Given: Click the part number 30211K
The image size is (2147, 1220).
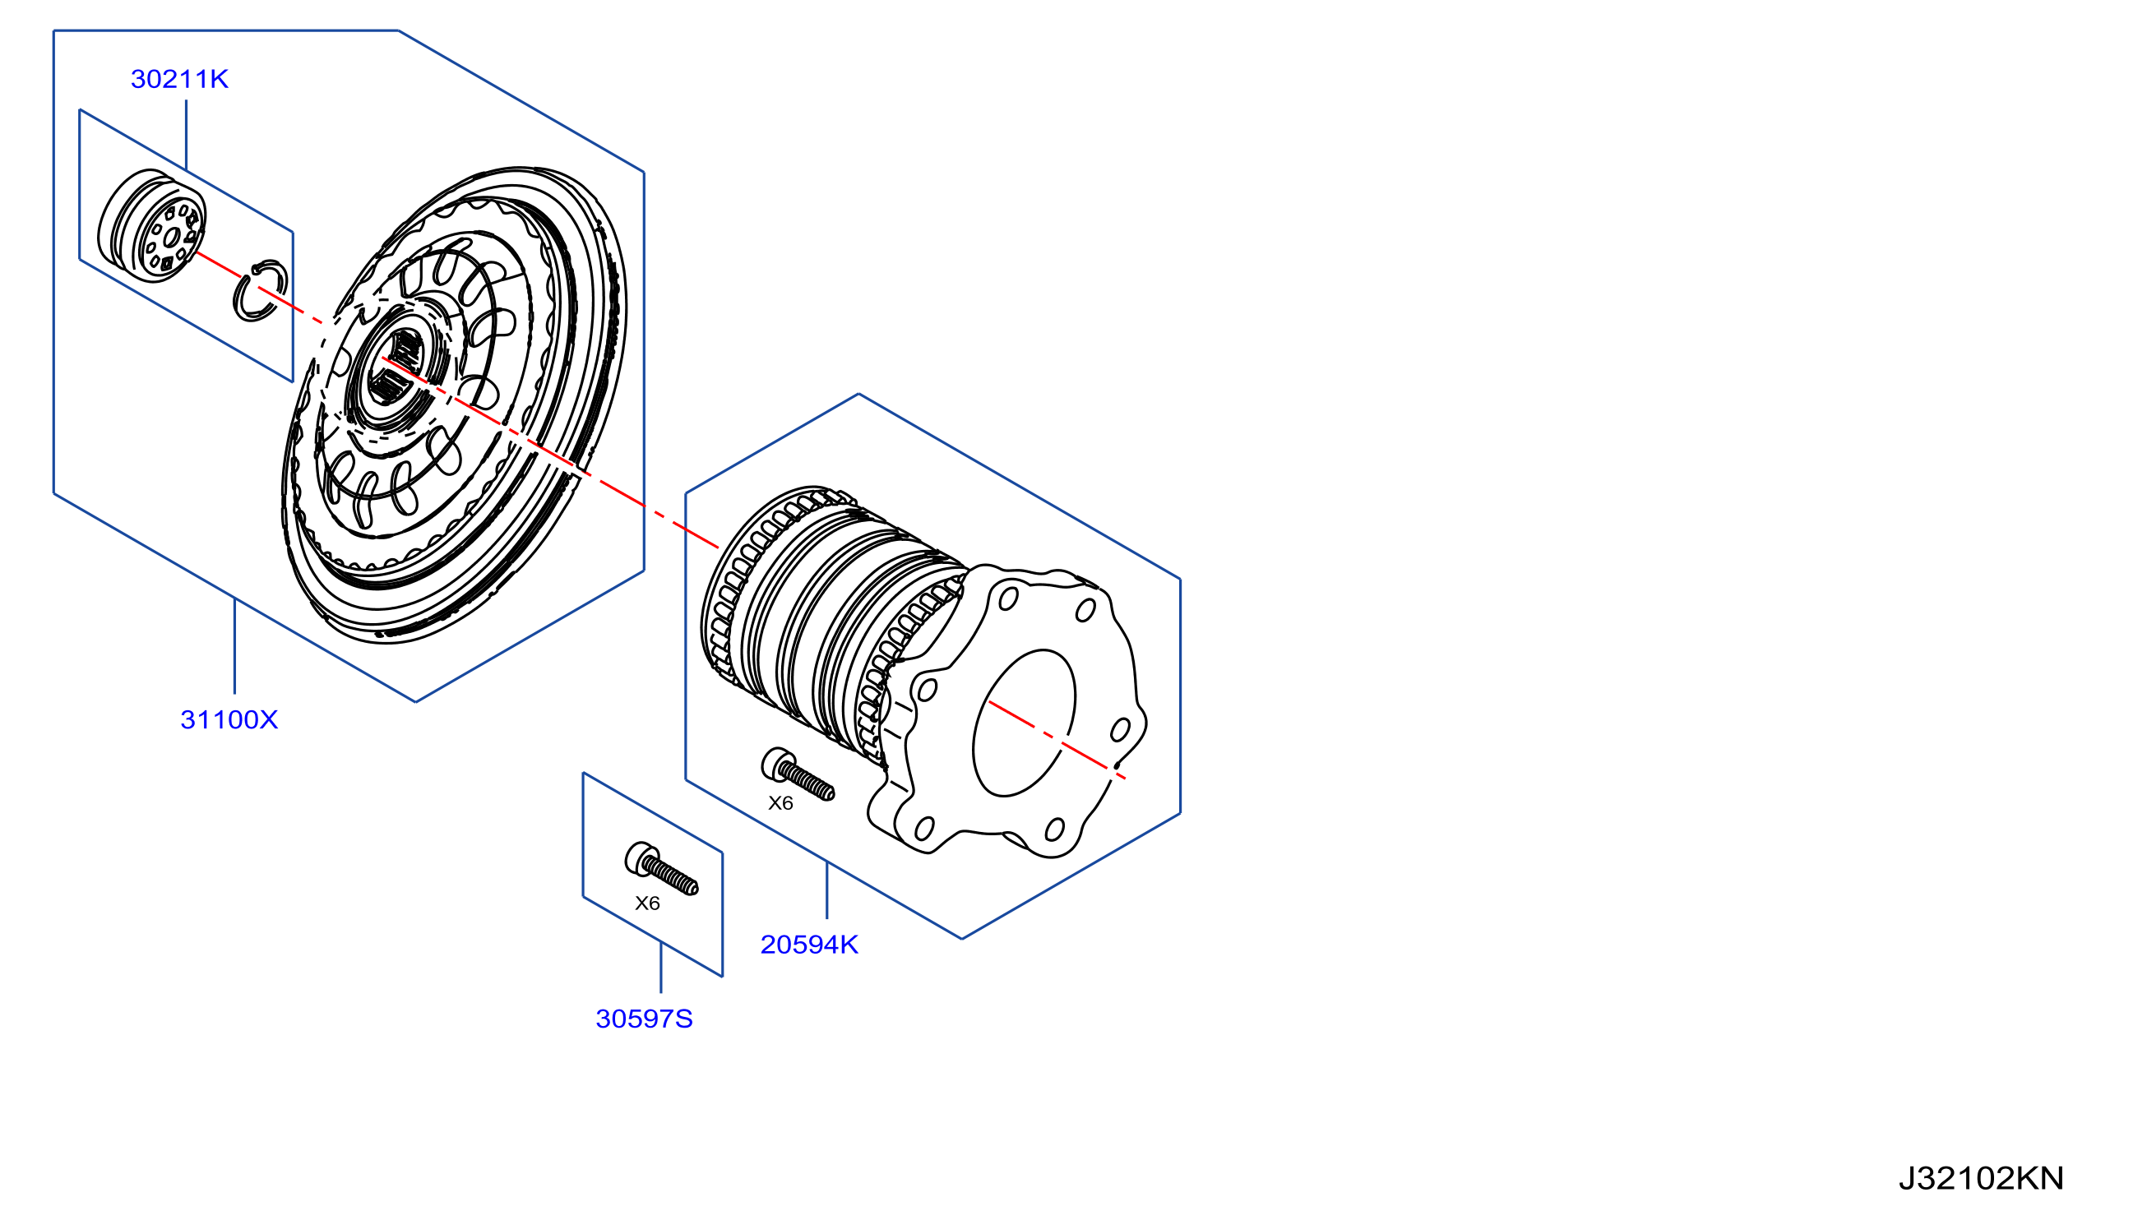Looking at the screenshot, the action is (179, 79).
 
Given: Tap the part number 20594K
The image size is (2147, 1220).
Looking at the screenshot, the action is (808, 945).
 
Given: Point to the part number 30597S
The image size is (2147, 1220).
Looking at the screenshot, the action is (644, 1019).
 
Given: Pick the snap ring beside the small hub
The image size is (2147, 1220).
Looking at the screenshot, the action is (260, 290).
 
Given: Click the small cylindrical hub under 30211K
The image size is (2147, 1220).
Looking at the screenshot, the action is (151, 226).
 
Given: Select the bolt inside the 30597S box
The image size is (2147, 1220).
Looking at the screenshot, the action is (661, 869).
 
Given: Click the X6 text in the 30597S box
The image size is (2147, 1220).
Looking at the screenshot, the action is (647, 903).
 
